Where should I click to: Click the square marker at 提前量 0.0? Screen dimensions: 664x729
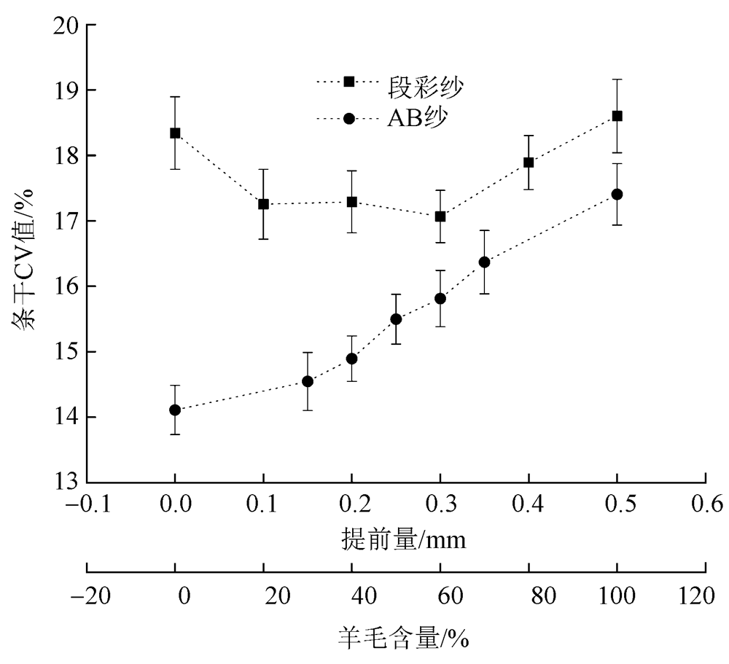coord(175,133)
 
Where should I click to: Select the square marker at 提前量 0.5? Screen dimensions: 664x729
coord(617,116)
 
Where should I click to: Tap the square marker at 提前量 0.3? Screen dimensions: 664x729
coord(440,216)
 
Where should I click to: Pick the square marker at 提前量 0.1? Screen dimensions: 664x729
coord(263,204)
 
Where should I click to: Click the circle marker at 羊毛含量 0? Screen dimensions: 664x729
coord(175,410)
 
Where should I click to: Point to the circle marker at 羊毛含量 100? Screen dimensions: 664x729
coord(617,194)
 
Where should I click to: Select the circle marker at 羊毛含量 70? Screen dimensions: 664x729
coord(484,262)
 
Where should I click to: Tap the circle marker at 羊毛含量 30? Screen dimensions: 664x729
coord(308,381)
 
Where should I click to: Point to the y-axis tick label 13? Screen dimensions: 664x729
coord(66,483)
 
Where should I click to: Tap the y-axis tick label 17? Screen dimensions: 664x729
coord(66,222)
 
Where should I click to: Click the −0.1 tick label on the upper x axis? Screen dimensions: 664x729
coord(87,504)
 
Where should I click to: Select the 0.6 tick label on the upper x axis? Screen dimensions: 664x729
coord(705,504)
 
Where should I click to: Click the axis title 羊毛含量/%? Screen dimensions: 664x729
coord(402,638)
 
